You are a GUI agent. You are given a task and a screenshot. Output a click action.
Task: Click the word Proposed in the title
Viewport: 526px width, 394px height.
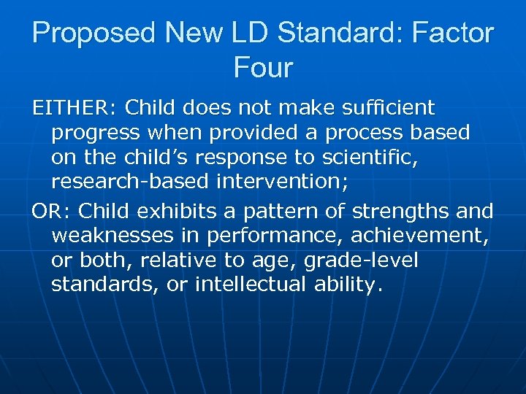94,33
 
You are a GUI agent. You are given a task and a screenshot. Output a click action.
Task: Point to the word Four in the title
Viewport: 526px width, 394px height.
263,68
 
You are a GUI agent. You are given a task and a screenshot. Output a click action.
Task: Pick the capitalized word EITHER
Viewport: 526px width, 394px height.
69,109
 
